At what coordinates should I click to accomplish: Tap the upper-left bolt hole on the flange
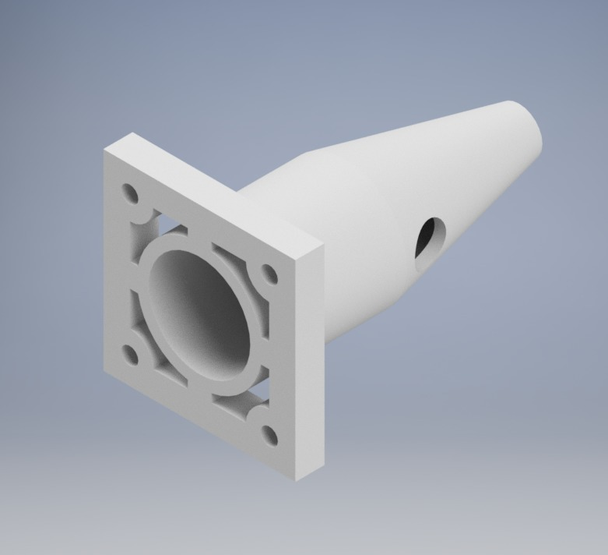[x=129, y=192]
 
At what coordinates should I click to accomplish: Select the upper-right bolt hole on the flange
[x=269, y=274]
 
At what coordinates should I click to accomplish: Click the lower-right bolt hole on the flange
[x=269, y=437]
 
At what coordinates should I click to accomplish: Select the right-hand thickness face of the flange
[x=311, y=359]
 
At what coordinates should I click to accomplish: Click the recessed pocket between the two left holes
[x=134, y=273]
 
